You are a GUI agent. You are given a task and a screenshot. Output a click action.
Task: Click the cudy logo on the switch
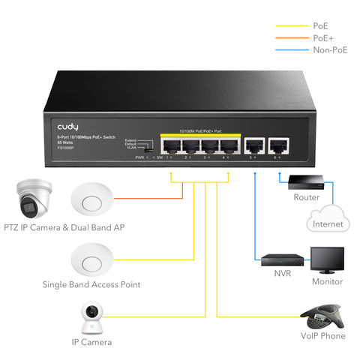pyautogui.click(x=67, y=127)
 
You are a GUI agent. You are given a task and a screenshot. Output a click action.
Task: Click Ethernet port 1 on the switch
pyautogui.click(x=170, y=145)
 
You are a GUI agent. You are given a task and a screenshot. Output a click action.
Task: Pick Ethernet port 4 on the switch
pyautogui.click(x=227, y=145)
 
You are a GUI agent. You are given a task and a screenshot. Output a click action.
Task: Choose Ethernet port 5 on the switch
pyautogui.click(x=256, y=145)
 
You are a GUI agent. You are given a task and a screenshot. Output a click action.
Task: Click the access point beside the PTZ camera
pyautogui.click(x=91, y=201)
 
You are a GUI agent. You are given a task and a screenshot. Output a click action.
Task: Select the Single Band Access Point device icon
pyautogui.click(x=91, y=259)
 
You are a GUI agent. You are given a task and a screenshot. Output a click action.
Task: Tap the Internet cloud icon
pyautogui.click(x=328, y=217)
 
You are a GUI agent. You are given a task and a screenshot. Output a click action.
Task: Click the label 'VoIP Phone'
pyautogui.click(x=322, y=336)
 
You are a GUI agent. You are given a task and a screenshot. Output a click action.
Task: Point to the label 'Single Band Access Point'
pyautogui.click(x=91, y=285)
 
